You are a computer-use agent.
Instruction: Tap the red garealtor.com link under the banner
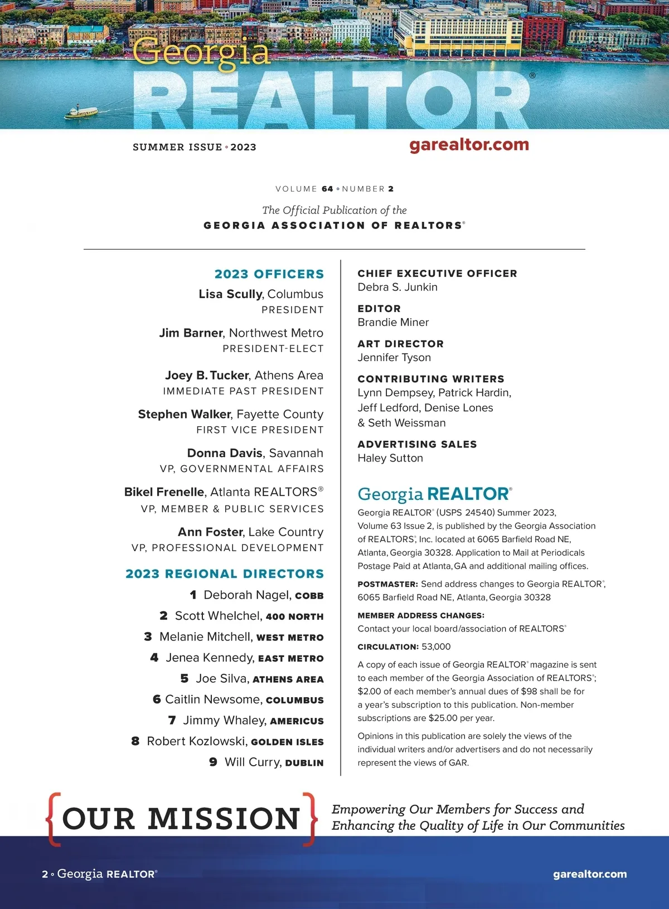(469, 145)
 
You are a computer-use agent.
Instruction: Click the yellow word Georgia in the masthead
(201, 52)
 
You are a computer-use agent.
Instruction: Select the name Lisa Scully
(230, 294)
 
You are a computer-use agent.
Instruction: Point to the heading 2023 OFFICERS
(269, 274)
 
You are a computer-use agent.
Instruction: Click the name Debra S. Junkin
(397, 287)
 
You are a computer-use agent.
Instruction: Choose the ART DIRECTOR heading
(400, 344)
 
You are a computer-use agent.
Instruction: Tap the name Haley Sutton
(390, 458)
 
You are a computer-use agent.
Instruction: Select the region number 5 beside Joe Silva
(185, 678)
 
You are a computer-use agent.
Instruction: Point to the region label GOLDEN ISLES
(287, 742)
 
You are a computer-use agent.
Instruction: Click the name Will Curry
(253, 762)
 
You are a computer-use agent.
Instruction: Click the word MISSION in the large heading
(224, 819)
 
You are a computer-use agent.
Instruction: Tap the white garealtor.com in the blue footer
(590, 874)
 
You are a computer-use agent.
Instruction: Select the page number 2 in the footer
(45, 874)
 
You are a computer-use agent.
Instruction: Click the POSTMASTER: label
(387, 584)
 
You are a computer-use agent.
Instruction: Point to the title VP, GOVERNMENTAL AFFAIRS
(241, 469)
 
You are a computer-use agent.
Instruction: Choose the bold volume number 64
(327, 189)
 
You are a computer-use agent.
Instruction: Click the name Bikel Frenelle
(164, 492)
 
